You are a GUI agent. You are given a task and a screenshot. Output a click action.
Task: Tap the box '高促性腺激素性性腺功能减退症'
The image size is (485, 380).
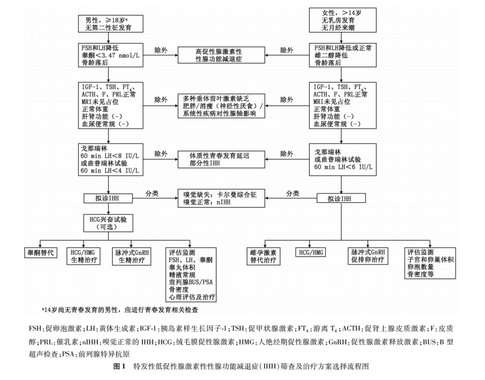pos(220,55)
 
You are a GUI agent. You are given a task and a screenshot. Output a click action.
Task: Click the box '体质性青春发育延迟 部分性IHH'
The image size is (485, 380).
pos(220,159)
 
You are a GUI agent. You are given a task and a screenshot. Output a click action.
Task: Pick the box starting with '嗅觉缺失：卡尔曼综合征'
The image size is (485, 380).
pos(220,198)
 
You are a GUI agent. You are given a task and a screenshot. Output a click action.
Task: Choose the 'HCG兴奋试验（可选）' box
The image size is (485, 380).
pos(108,223)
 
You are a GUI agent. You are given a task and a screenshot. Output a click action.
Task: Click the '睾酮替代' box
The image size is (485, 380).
pos(40,253)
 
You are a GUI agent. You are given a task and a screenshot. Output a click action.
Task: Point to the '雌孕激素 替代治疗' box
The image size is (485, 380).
pos(264,256)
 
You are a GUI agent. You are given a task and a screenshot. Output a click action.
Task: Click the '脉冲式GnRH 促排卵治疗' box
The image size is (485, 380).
pos(368,256)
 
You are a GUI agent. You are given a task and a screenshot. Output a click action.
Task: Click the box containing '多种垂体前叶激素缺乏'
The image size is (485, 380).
pos(220,106)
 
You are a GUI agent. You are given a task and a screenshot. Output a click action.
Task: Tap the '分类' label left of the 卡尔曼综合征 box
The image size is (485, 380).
pos(152,193)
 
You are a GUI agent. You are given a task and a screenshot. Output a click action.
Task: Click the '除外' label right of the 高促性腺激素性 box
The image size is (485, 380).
pos(287,50)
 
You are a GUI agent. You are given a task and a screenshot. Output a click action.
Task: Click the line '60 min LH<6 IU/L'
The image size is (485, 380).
pos(344,168)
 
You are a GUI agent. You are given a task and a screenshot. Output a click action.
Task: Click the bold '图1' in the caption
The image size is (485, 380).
pos(120,366)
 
